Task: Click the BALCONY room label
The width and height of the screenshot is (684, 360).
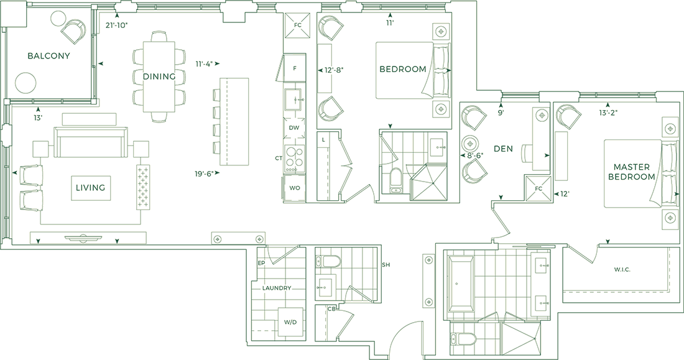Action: [x=49, y=56]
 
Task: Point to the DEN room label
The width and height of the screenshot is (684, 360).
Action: [x=503, y=149]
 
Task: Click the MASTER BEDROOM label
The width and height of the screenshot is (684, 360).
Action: [x=632, y=172]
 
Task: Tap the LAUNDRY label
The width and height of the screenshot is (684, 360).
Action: [x=277, y=288]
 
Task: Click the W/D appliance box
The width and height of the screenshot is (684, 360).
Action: [x=290, y=322]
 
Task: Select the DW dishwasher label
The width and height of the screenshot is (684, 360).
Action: [x=294, y=127]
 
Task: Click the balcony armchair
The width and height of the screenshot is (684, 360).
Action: [x=74, y=30]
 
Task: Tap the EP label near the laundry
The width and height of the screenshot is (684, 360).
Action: [x=261, y=264]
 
